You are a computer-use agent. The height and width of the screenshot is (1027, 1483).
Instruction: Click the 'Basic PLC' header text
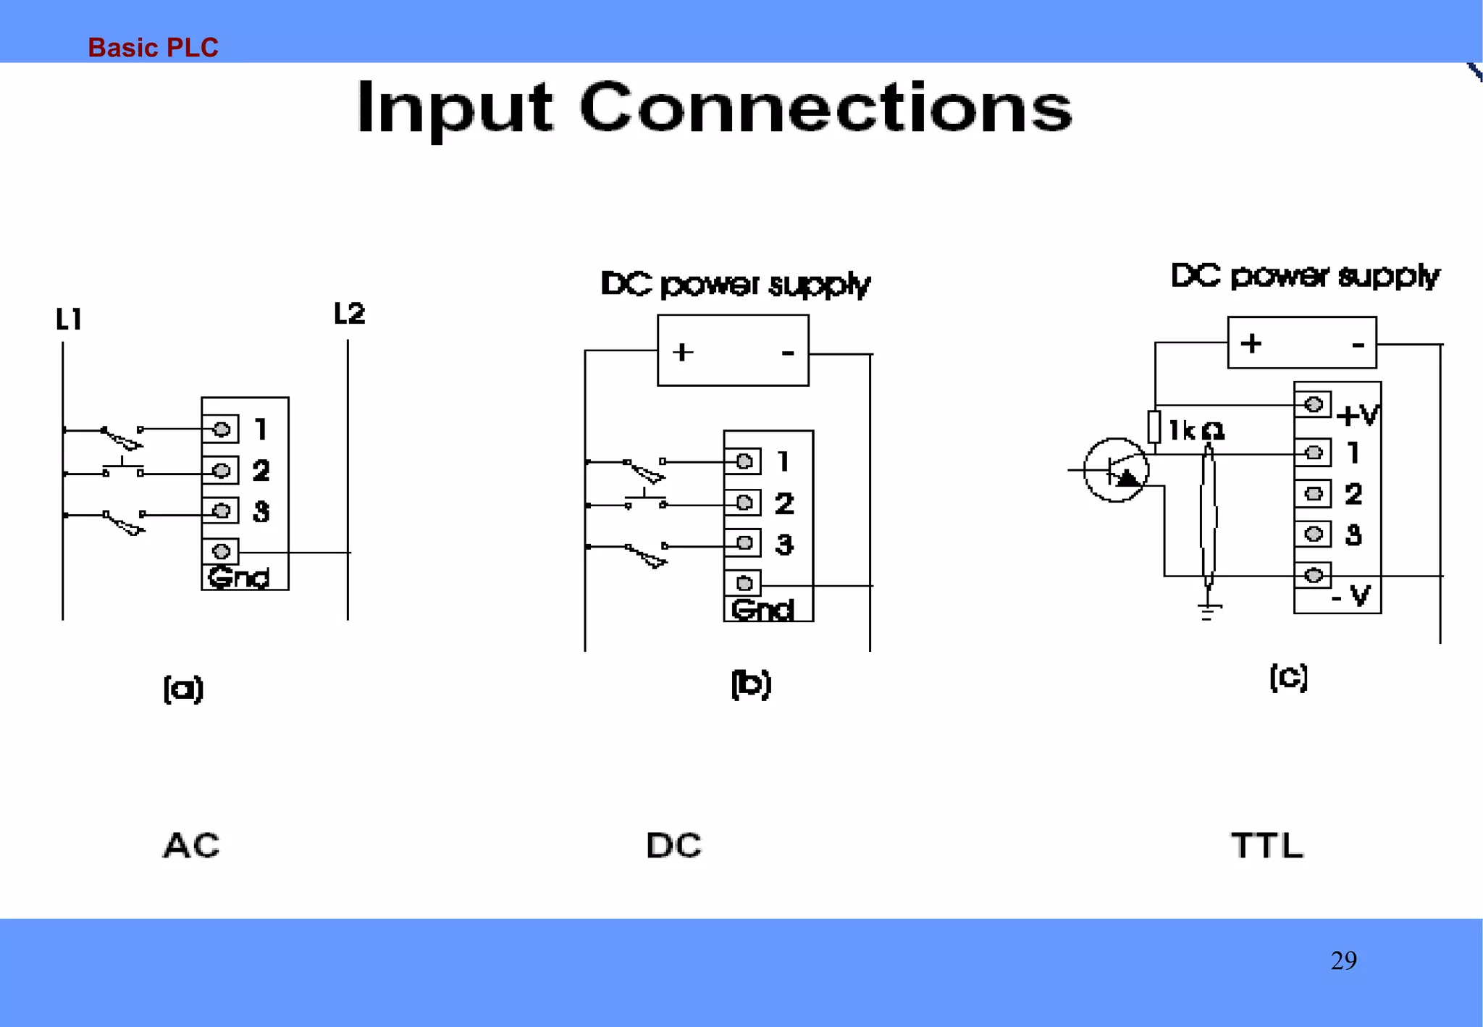[x=153, y=48]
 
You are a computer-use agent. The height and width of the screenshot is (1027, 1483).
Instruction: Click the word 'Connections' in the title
[x=825, y=108]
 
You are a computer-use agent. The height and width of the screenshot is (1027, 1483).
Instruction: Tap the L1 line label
[x=69, y=319]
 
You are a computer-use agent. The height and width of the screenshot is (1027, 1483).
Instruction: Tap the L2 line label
[x=349, y=314]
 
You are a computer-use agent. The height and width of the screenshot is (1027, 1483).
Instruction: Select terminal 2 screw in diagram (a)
[x=222, y=471]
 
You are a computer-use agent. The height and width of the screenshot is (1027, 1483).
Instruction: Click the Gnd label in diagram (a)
[x=238, y=578]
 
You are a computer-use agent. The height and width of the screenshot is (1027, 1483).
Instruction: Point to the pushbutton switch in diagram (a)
[x=122, y=468]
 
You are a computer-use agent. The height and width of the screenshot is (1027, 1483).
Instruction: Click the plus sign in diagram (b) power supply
[x=682, y=353]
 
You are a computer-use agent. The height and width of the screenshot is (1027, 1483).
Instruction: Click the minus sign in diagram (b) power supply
[x=788, y=353]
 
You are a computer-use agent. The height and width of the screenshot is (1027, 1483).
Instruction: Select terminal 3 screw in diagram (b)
[x=744, y=543]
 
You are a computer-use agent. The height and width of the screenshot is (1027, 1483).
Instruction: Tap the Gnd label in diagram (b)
[x=762, y=610]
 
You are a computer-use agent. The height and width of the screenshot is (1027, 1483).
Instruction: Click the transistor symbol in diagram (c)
[x=1115, y=470]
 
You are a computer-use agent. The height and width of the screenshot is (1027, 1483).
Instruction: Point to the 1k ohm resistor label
[x=1196, y=431]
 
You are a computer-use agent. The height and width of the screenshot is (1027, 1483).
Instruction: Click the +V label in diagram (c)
[x=1358, y=415]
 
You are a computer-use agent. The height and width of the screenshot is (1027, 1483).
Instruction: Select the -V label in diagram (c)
[x=1351, y=597]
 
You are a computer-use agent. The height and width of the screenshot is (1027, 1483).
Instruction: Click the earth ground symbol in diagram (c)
[x=1207, y=612]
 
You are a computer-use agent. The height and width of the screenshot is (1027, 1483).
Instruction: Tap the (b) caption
[x=751, y=684]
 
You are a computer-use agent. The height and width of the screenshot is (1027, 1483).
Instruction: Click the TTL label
[x=1267, y=845]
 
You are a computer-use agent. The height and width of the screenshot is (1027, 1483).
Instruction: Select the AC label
[x=191, y=845]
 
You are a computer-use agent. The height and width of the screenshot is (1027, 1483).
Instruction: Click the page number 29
[x=1343, y=960]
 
